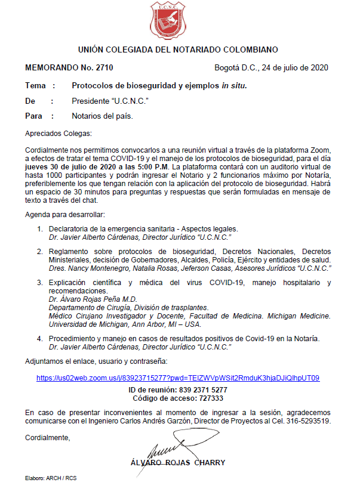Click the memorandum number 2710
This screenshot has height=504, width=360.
104,67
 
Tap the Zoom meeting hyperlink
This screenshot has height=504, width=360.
178,378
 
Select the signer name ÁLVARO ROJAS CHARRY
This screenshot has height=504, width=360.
177,462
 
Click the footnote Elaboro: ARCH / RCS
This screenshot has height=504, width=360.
51,478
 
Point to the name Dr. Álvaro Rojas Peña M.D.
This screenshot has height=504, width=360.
93,299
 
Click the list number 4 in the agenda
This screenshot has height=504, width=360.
39,338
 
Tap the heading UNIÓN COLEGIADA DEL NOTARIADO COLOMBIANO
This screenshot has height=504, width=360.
178,50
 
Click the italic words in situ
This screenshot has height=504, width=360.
234,86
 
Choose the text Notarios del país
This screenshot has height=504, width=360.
102,116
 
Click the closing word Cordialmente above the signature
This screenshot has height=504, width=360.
47,438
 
